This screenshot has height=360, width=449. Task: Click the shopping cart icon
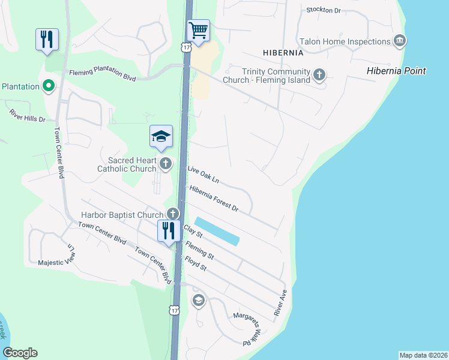tap(197, 29)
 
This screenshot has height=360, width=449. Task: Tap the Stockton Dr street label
tap(323, 10)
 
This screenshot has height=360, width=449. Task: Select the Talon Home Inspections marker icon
tap(400, 41)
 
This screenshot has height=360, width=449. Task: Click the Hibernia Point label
tap(396, 71)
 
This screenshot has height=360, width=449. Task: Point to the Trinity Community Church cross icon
tap(319, 75)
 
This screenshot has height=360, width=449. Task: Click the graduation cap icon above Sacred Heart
tap(161, 137)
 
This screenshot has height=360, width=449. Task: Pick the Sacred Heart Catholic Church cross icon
tap(166, 163)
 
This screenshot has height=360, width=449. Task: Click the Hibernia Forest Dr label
tap(214, 199)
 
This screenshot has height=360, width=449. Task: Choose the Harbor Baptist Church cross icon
tap(173, 214)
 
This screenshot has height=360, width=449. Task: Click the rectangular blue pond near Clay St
tap(217, 231)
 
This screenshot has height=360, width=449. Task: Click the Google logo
tap(20, 353)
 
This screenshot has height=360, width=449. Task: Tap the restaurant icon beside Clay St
tap(167, 230)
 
